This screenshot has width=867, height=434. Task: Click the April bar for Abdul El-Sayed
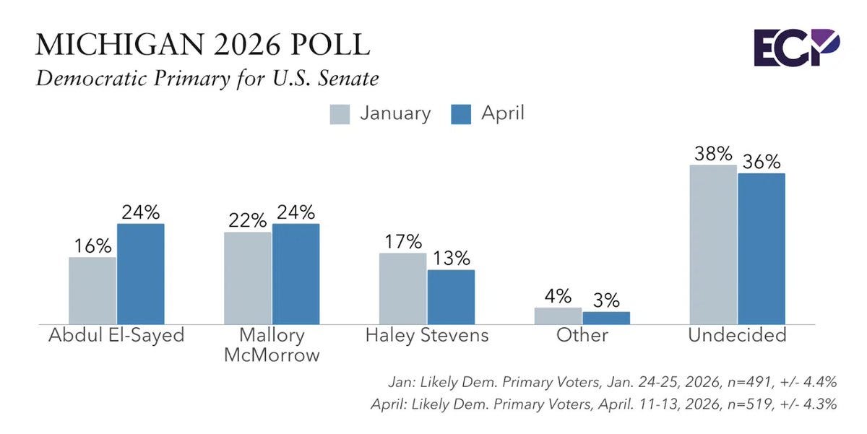[141, 274]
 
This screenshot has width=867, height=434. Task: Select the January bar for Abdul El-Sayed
[92, 290]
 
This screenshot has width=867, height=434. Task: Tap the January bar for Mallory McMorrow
[248, 278]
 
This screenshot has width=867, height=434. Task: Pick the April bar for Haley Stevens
[452, 297]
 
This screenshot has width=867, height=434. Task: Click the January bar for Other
[558, 316]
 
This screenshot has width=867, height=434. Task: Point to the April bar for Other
[606, 318]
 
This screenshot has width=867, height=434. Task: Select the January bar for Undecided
[713, 245]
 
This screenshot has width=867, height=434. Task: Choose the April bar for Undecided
[762, 248]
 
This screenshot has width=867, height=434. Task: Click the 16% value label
[93, 246]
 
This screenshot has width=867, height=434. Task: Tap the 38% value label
[713, 154]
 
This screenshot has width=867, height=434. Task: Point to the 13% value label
[452, 258]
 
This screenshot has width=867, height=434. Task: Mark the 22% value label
[248, 220]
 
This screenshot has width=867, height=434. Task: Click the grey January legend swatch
[340, 114]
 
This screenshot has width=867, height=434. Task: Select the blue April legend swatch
[461, 114]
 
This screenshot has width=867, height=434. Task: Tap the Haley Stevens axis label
[427, 335]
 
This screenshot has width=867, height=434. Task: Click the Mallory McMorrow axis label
[272, 345]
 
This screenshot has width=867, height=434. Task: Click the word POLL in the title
[331, 45]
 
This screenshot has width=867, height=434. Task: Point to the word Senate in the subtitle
[348, 79]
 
